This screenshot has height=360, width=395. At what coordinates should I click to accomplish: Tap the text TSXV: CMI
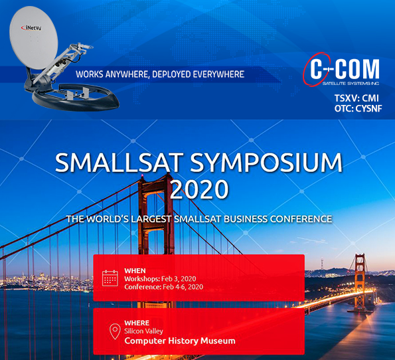pyautogui.click(x=356, y=98)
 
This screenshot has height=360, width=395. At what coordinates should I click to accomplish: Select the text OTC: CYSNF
pyautogui.click(x=358, y=108)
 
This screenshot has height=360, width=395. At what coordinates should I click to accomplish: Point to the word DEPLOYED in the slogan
pyautogui.click(x=172, y=74)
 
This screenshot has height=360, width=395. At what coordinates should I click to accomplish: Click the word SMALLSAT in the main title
pyautogui.click(x=119, y=162)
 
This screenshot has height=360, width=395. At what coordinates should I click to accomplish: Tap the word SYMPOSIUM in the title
pyautogui.click(x=266, y=163)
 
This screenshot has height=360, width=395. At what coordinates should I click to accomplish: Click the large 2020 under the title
pyautogui.click(x=199, y=189)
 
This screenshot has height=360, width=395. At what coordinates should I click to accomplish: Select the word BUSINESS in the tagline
pyautogui.click(x=246, y=219)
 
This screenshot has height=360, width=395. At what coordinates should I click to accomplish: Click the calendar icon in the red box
pyautogui.click(x=110, y=278)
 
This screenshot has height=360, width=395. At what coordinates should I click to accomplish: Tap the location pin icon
pyautogui.click(x=115, y=331)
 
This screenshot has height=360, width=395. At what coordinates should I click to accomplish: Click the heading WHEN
pyautogui.click(x=135, y=271)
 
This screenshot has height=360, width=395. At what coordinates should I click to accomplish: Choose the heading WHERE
pyautogui.click(x=137, y=323)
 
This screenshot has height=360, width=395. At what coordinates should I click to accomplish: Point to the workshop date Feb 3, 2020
pyautogui.click(x=179, y=279)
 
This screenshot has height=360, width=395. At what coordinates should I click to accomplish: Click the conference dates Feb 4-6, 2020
pyautogui.click(x=183, y=287)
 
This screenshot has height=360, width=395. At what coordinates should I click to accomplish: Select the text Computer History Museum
pyautogui.click(x=180, y=341)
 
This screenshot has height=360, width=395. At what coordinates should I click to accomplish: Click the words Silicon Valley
pyautogui.click(x=143, y=331)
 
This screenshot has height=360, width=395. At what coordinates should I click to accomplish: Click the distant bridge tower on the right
pyautogui.click(x=360, y=282)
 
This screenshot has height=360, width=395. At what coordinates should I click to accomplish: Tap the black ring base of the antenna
pyautogui.click(x=76, y=98)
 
